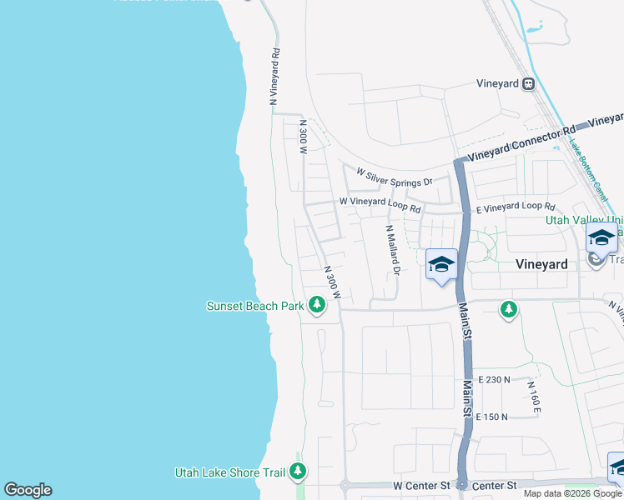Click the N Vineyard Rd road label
274,75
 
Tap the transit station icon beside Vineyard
528,83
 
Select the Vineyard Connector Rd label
521,142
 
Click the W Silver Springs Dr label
395,177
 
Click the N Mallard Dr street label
392,249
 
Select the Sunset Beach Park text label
255,306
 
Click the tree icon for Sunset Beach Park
316,306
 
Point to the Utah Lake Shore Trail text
230,472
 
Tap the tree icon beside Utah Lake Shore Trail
298,472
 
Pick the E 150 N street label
492,416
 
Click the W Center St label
421,484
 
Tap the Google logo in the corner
28,490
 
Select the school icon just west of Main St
441,266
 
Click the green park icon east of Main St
508,310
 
